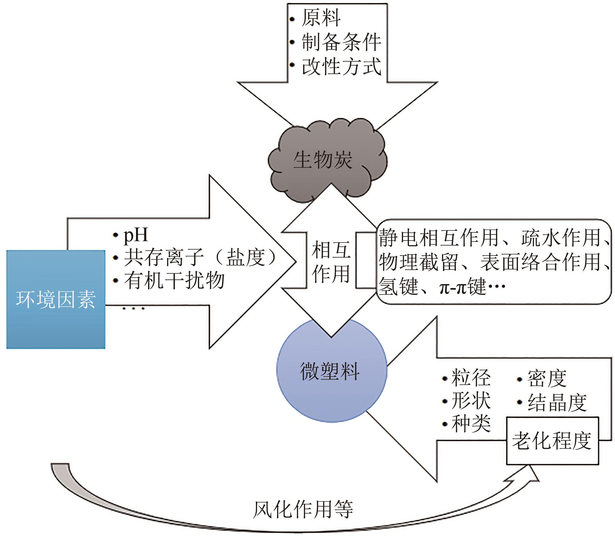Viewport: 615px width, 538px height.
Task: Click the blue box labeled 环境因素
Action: [x=56, y=299]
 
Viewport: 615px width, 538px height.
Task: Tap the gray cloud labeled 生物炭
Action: [x=322, y=160]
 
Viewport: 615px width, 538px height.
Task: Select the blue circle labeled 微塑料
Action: [x=330, y=371]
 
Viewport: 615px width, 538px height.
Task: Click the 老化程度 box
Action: [x=552, y=441]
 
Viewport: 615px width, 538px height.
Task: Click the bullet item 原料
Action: [x=321, y=18]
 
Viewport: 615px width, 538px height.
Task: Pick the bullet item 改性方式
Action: [x=341, y=66]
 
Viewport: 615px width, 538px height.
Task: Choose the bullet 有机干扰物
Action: [x=174, y=280]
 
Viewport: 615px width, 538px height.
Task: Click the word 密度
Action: [x=547, y=378]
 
